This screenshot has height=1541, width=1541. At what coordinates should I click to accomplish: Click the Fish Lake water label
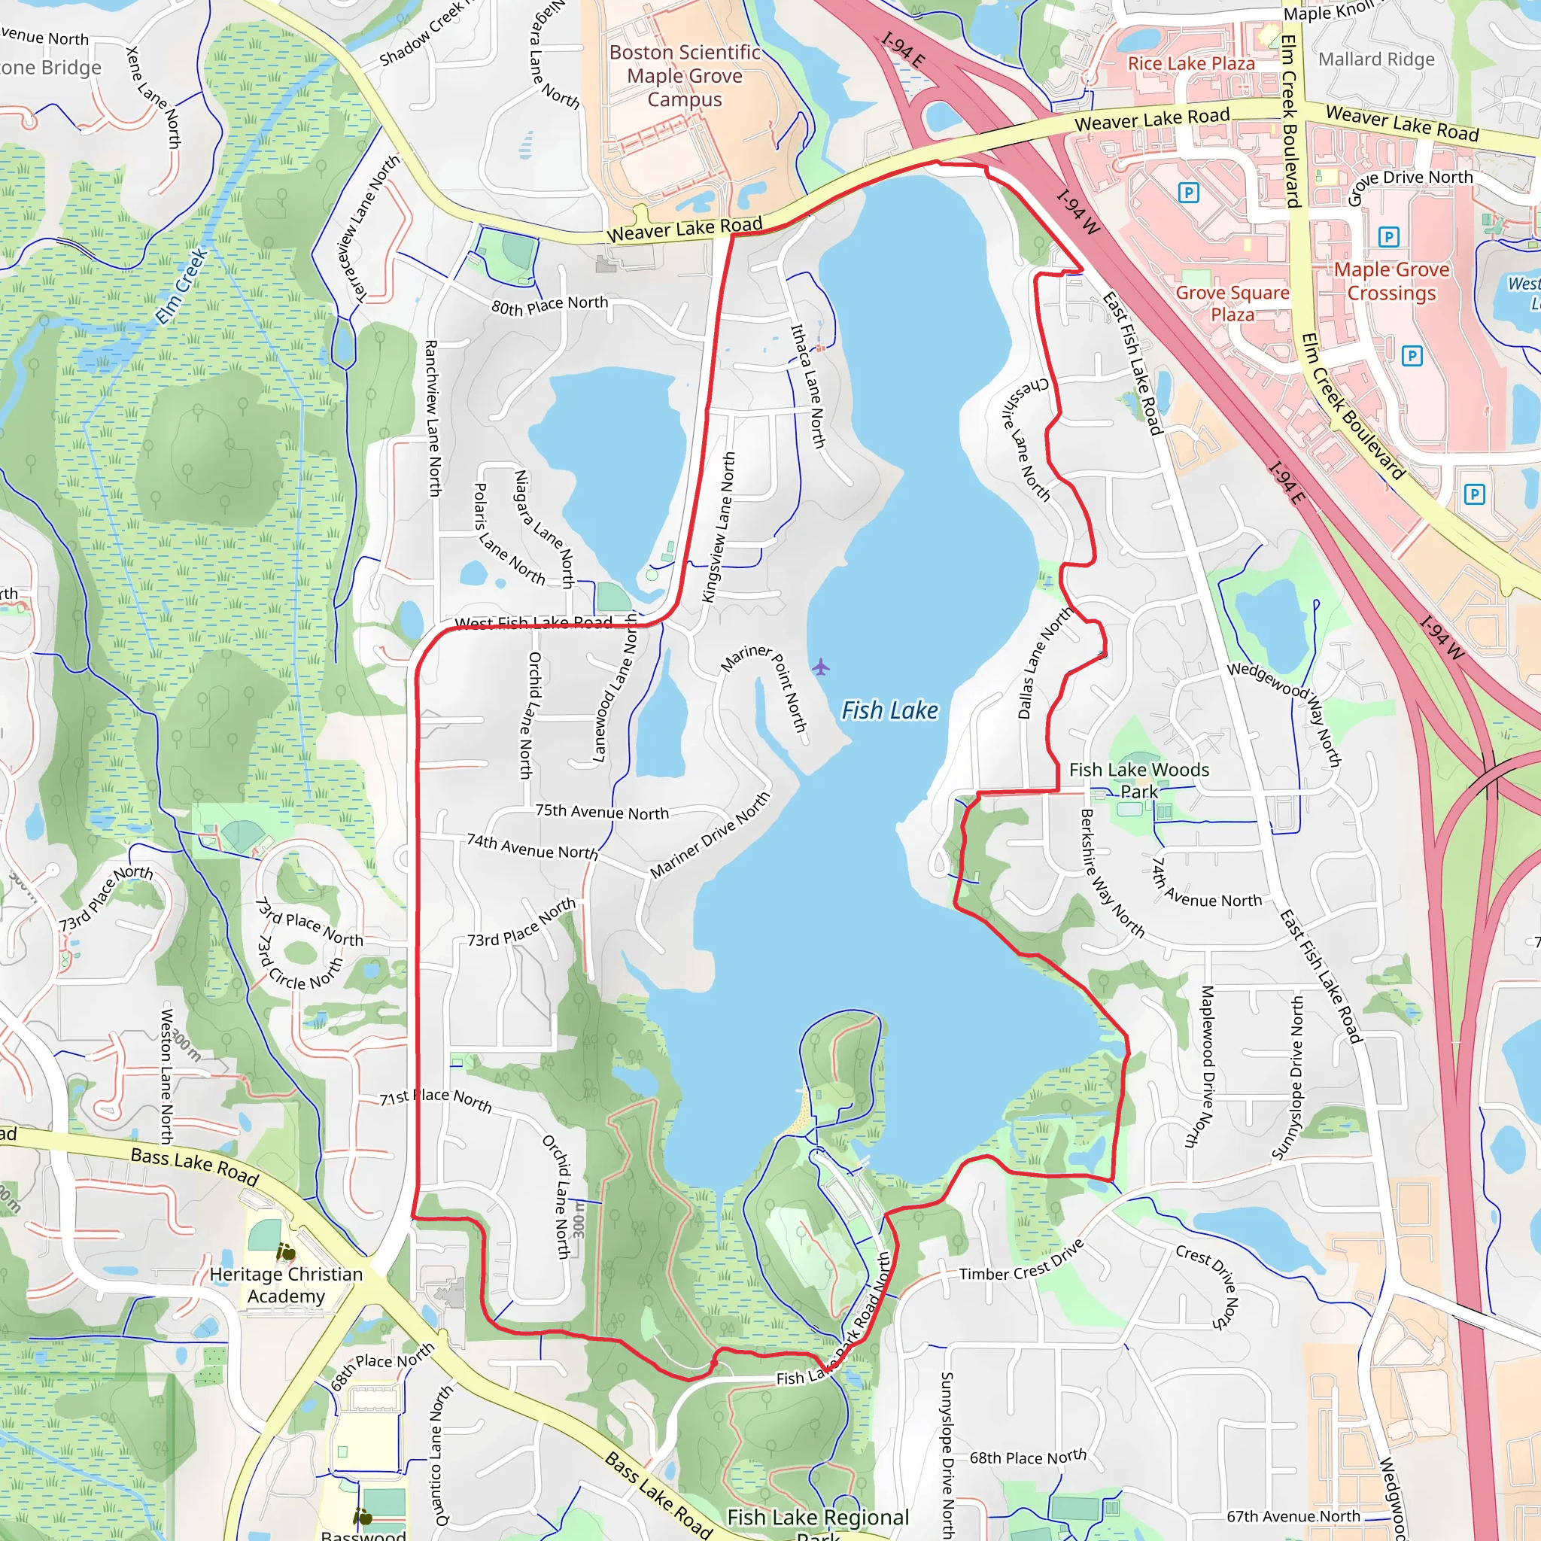pyautogui.click(x=889, y=710)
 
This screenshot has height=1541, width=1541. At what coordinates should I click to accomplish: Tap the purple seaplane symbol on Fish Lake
pyautogui.click(x=821, y=666)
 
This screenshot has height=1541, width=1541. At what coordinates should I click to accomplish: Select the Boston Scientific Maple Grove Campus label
pyautogui.click(x=685, y=76)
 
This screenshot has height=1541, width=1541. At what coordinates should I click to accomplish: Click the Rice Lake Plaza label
pyautogui.click(x=1191, y=63)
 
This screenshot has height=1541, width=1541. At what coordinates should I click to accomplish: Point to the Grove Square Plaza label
pyautogui.click(x=1232, y=303)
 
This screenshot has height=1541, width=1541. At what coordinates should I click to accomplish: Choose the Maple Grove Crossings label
pyautogui.click(x=1392, y=281)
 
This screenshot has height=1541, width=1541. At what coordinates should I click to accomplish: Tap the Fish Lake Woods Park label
pyautogui.click(x=1138, y=780)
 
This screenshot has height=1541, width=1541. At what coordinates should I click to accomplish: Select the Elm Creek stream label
pyautogui.click(x=181, y=285)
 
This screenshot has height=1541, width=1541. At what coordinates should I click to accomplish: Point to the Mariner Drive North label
pyautogui.click(x=710, y=834)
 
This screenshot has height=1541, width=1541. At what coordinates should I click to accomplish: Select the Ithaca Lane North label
pyautogui.click(x=807, y=384)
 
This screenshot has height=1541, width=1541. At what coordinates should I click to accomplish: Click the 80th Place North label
pyautogui.click(x=549, y=305)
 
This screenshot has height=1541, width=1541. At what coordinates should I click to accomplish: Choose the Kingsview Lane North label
pyautogui.click(x=718, y=527)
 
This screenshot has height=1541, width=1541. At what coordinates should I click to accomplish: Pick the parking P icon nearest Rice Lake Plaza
pyautogui.click(x=1188, y=192)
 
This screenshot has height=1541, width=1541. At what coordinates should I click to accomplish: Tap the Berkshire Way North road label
pyautogui.click(x=1111, y=874)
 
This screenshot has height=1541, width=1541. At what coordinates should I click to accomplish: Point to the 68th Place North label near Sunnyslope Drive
pyautogui.click(x=1027, y=1457)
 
